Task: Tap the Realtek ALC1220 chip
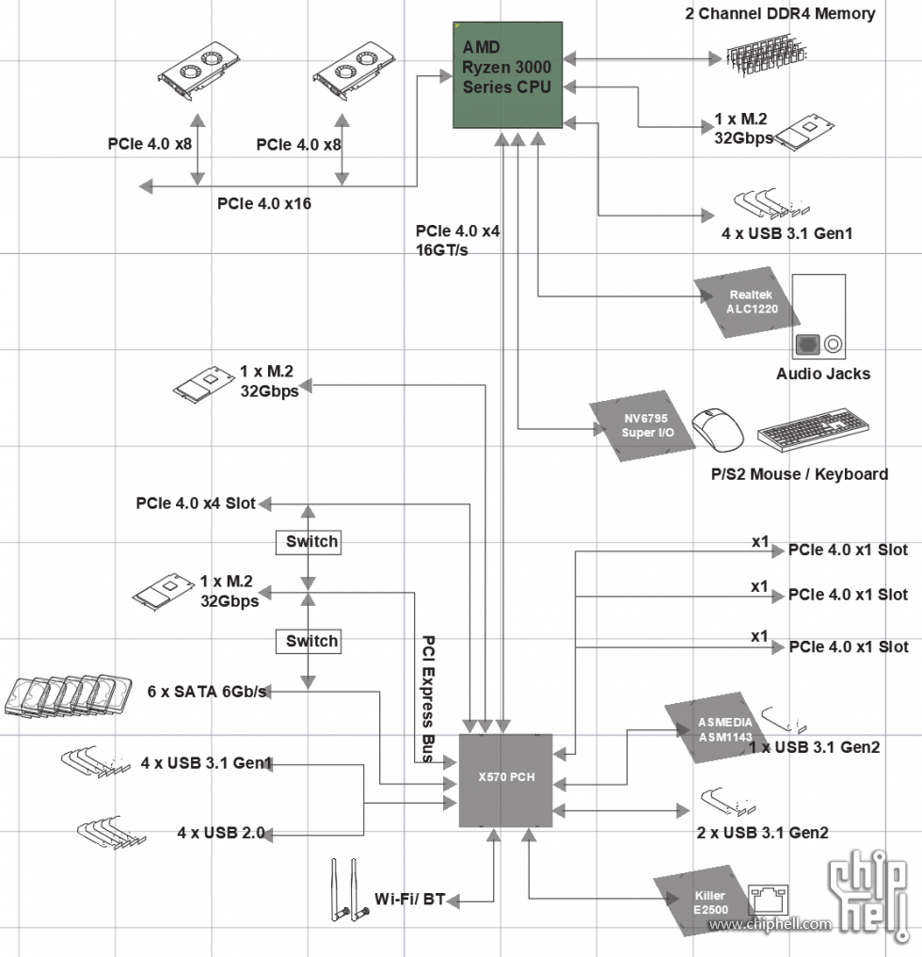pos(741,301)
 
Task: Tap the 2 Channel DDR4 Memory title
pos(780,14)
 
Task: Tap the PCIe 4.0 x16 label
pos(263,203)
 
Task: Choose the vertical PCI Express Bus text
pos(428,697)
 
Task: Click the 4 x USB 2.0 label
pos(221,833)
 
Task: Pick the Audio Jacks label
pos(822,374)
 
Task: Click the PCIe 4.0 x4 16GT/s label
pos(457,241)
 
